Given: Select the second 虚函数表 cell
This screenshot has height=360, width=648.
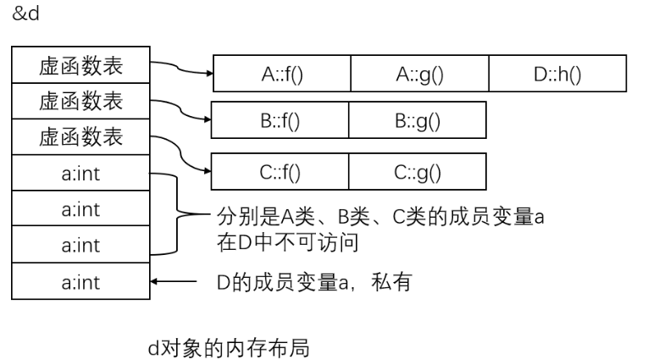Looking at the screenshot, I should [80, 101].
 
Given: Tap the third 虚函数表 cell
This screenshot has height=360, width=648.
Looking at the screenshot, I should [80, 136].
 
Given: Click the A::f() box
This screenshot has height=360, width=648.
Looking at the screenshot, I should [282, 74].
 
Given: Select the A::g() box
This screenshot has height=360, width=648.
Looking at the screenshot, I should [420, 74].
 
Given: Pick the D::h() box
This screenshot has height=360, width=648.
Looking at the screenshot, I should [557, 74].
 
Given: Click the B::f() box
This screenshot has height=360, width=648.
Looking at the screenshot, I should [280, 120].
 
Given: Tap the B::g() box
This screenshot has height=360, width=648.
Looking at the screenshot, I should [418, 120].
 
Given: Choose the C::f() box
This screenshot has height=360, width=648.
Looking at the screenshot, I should [280, 172].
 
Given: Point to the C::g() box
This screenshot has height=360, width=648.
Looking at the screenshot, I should [418, 172].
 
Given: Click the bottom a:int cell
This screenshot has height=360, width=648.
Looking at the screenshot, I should [80, 281].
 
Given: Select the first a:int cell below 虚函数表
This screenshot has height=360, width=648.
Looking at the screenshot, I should [80, 173].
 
